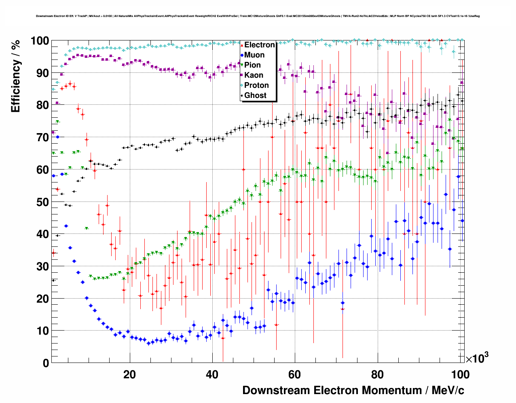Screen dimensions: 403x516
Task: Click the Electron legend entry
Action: [x=259, y=45]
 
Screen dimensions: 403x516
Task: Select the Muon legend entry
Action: [x=254, y=55]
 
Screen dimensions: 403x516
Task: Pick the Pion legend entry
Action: [x=252, y=65]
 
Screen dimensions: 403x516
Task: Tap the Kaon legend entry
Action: [x=254, y=75]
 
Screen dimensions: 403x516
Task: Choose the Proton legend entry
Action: [x=256, y=85]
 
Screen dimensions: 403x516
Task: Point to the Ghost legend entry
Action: [x=255, y=95]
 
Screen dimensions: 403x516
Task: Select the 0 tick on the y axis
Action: [x=46, y=363]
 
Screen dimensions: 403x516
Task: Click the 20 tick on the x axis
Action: [x=130, y=375]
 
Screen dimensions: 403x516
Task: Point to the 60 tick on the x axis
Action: [x=295, y=375]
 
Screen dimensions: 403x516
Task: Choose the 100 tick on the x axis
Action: [x=460, y=375]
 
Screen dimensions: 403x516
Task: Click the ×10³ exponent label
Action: [x=477, y=358]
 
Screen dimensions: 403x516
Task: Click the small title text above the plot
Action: [x=258, y=16]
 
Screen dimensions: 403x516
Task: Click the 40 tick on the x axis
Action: [x=212, y=375]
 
